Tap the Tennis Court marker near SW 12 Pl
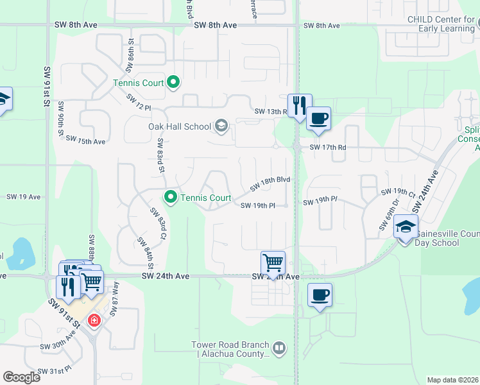[173, 82]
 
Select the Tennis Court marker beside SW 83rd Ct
[170, 197]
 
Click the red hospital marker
[94, 320]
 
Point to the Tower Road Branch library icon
[279, 349]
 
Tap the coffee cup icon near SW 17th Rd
[318, 119]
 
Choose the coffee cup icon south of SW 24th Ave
[320, 295]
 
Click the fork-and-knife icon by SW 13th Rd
[300, 106]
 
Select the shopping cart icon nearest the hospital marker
[92, 281]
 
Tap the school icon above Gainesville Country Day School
[406, 227]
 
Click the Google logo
[21, 377]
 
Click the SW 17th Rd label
[328, 147]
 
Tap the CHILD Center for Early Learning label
[443, 24]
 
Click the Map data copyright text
[453, 380]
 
